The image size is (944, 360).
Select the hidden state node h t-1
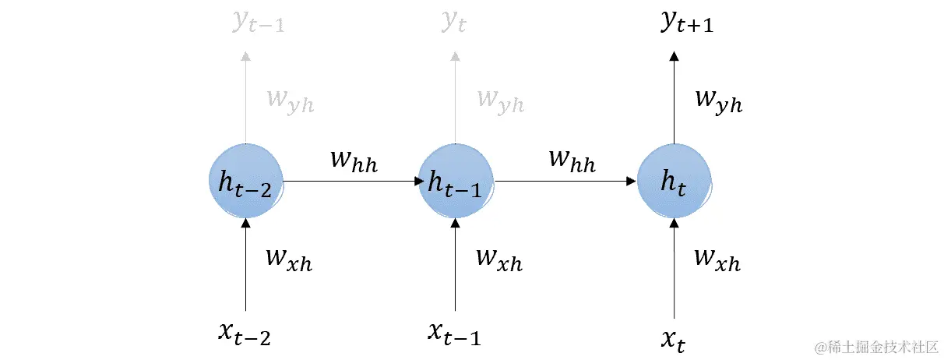(x=456, y=182)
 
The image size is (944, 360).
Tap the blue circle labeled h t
(x=674, y=182)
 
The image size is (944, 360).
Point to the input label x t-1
(x=454, y=333)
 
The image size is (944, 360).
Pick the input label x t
(x=673, y=337)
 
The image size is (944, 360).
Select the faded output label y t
(x=454, y=23)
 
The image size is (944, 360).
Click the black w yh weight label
(x=717, y=101)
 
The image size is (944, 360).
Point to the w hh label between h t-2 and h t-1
(x=354, y=161)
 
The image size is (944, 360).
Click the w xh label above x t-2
(x=289, y=259)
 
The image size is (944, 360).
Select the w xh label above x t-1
(x=498, y=259)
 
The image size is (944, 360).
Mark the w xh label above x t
(x=716, y=259)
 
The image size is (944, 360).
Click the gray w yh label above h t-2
(x=290, y=101)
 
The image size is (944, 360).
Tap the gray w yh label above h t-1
(x=500, y=101)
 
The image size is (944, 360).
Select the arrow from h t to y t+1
(x=675, y=97)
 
